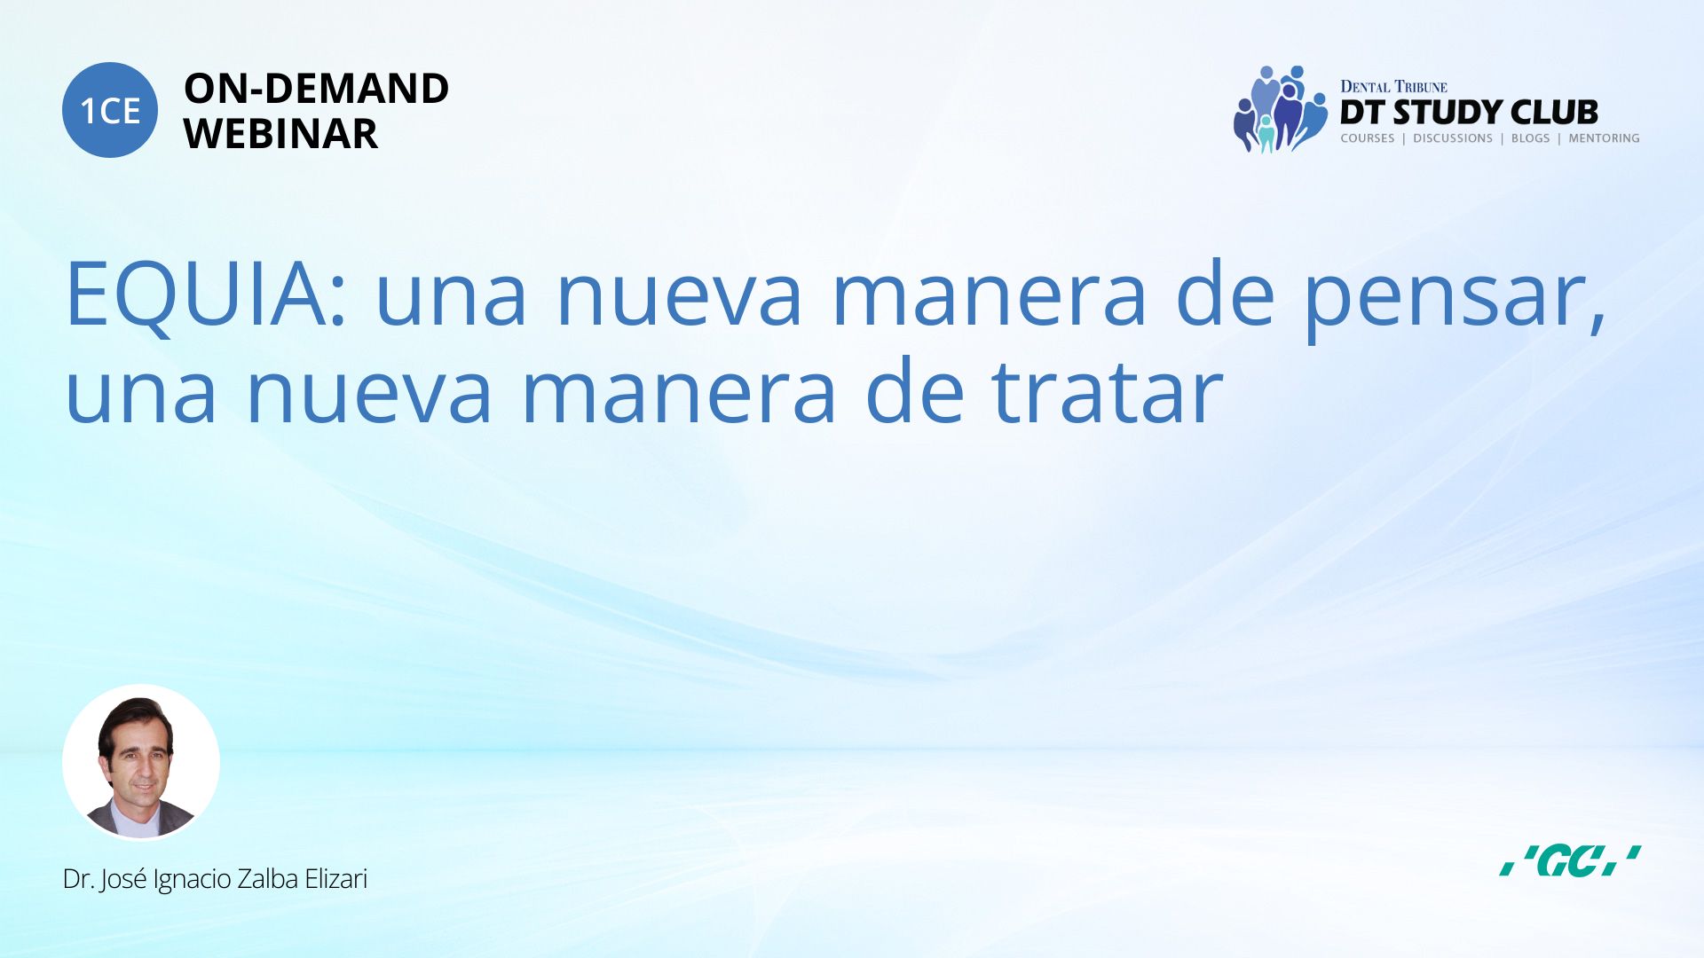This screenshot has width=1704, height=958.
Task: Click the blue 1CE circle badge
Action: (x=110, y=110)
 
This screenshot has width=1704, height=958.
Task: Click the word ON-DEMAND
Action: (x=316, y=89)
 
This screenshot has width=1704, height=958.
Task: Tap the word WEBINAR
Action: (x=280, y=134)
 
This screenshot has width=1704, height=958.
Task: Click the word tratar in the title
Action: (x=1107, y=391)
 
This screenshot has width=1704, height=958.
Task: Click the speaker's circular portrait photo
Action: (x=141, y=762)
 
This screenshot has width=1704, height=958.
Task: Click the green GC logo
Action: (x=1570, y=860)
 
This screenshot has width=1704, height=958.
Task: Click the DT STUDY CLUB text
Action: (x=1469, y=113)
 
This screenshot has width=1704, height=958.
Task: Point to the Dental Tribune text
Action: (x=1393, y=86)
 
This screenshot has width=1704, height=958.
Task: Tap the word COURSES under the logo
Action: (x=1368, y=138)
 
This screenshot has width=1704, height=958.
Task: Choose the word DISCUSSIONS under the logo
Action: (x=1453, y=138)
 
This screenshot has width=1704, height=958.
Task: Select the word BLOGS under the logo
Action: (x=1531, y=138)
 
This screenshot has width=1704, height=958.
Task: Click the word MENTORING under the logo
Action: (x=1604, y=138)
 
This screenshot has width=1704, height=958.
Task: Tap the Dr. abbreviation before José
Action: (x=77, y=879)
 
